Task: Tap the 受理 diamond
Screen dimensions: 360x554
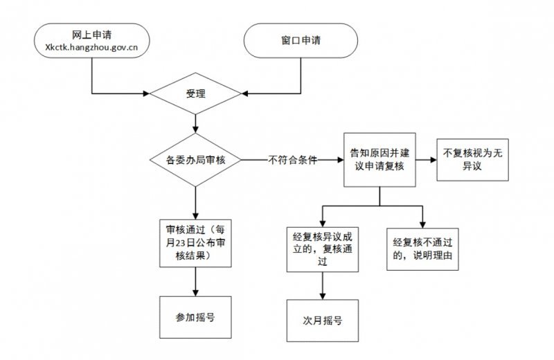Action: coord(197,92)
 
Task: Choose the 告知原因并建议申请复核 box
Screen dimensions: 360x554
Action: coord(379,160)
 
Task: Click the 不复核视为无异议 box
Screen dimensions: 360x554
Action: coord(470,160)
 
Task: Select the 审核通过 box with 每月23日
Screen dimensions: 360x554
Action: coord(196,243)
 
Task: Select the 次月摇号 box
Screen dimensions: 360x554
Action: coord(323,321)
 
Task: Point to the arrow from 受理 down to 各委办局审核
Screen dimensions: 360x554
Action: coord(197,123)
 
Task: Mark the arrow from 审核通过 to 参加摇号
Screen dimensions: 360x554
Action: coord(197,282)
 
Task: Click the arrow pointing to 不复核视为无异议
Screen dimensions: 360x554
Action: coord(425,160)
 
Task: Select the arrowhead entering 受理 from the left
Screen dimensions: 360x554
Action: coord(148,92)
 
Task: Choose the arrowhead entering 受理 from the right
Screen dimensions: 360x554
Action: coord(245,92)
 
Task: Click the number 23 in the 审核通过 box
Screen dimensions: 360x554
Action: coord(184,243)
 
